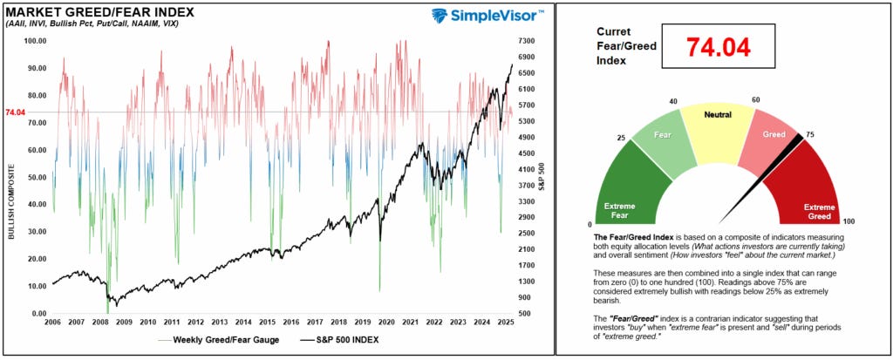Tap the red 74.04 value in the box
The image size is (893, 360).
click(718, 47)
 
